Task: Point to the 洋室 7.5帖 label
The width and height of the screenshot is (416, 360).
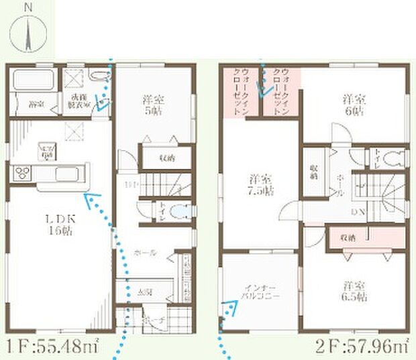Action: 260,185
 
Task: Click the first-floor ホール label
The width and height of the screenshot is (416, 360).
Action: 145,253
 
